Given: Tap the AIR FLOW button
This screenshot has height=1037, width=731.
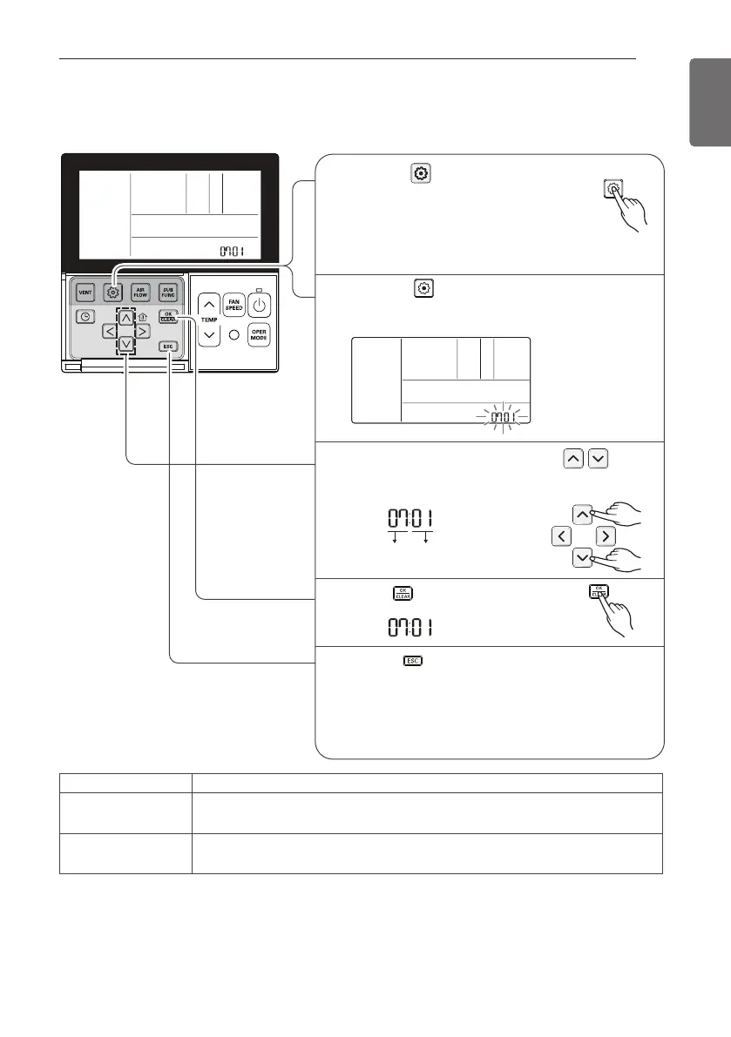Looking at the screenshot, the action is tap(140, 293).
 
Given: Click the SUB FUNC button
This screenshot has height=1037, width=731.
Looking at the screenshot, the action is tap(168, 293).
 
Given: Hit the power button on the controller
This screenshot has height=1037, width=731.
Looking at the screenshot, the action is tap(261, 305).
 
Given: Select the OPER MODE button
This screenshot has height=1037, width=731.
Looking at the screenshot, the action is tap(260, 336).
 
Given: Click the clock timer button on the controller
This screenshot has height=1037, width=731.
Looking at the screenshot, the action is tap(85, 317).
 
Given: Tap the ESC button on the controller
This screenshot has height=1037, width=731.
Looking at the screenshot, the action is tap(168, 346).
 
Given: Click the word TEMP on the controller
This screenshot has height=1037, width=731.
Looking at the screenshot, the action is tap(208, 320).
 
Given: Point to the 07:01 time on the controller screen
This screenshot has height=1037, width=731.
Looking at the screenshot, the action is tap(231, 252).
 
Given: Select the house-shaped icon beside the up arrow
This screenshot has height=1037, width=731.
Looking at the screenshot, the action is tap(143, 317).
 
